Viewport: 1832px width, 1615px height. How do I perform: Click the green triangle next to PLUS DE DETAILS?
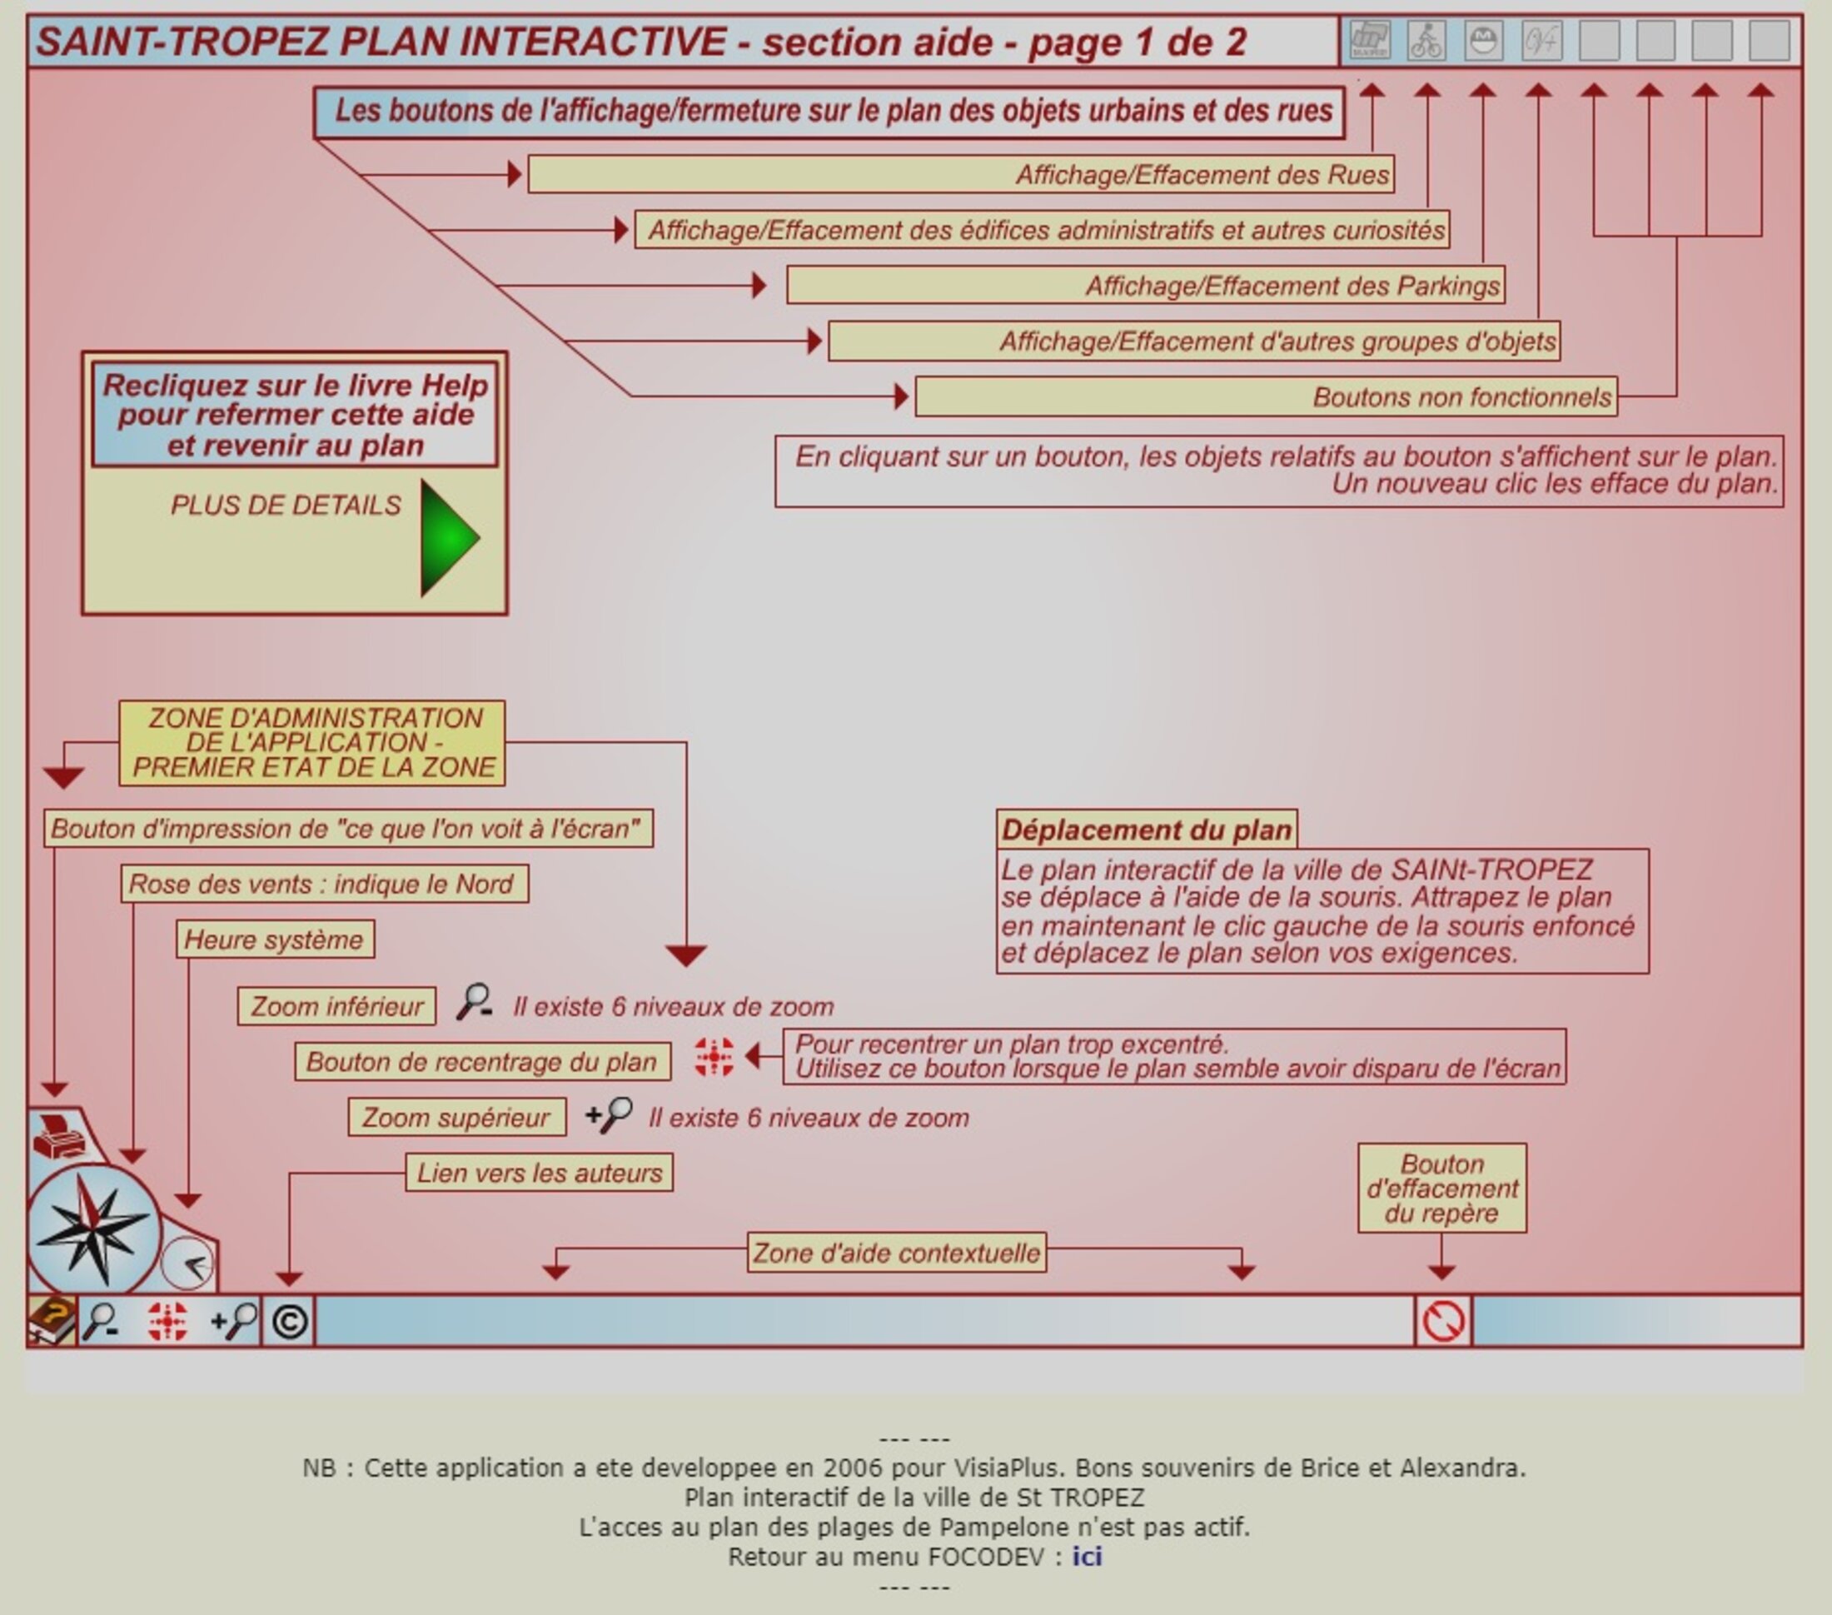449,538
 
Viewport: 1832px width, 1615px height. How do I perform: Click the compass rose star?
92,1229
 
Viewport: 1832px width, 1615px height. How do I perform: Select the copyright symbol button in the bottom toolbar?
290,1322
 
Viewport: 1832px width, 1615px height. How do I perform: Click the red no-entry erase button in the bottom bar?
1443,1322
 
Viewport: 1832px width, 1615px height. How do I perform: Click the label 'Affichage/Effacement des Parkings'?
1146,286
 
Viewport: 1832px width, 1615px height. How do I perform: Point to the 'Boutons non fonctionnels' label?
1266,397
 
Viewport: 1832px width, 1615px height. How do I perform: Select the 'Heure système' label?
274,940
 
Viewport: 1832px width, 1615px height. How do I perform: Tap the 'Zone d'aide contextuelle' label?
896,1252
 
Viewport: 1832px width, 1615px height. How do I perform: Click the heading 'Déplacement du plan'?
1147,830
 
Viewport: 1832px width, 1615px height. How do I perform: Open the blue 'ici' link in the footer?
1087,1557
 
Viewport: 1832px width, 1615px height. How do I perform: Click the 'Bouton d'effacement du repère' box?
1442,1189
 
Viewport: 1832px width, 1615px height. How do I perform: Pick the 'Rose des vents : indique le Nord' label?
324,884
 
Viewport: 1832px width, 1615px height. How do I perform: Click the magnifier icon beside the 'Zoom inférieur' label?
474,1002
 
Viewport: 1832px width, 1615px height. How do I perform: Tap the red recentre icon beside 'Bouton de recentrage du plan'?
714,1058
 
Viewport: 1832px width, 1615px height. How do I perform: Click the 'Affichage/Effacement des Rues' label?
960,175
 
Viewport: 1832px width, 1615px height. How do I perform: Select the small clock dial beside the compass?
188,1264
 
